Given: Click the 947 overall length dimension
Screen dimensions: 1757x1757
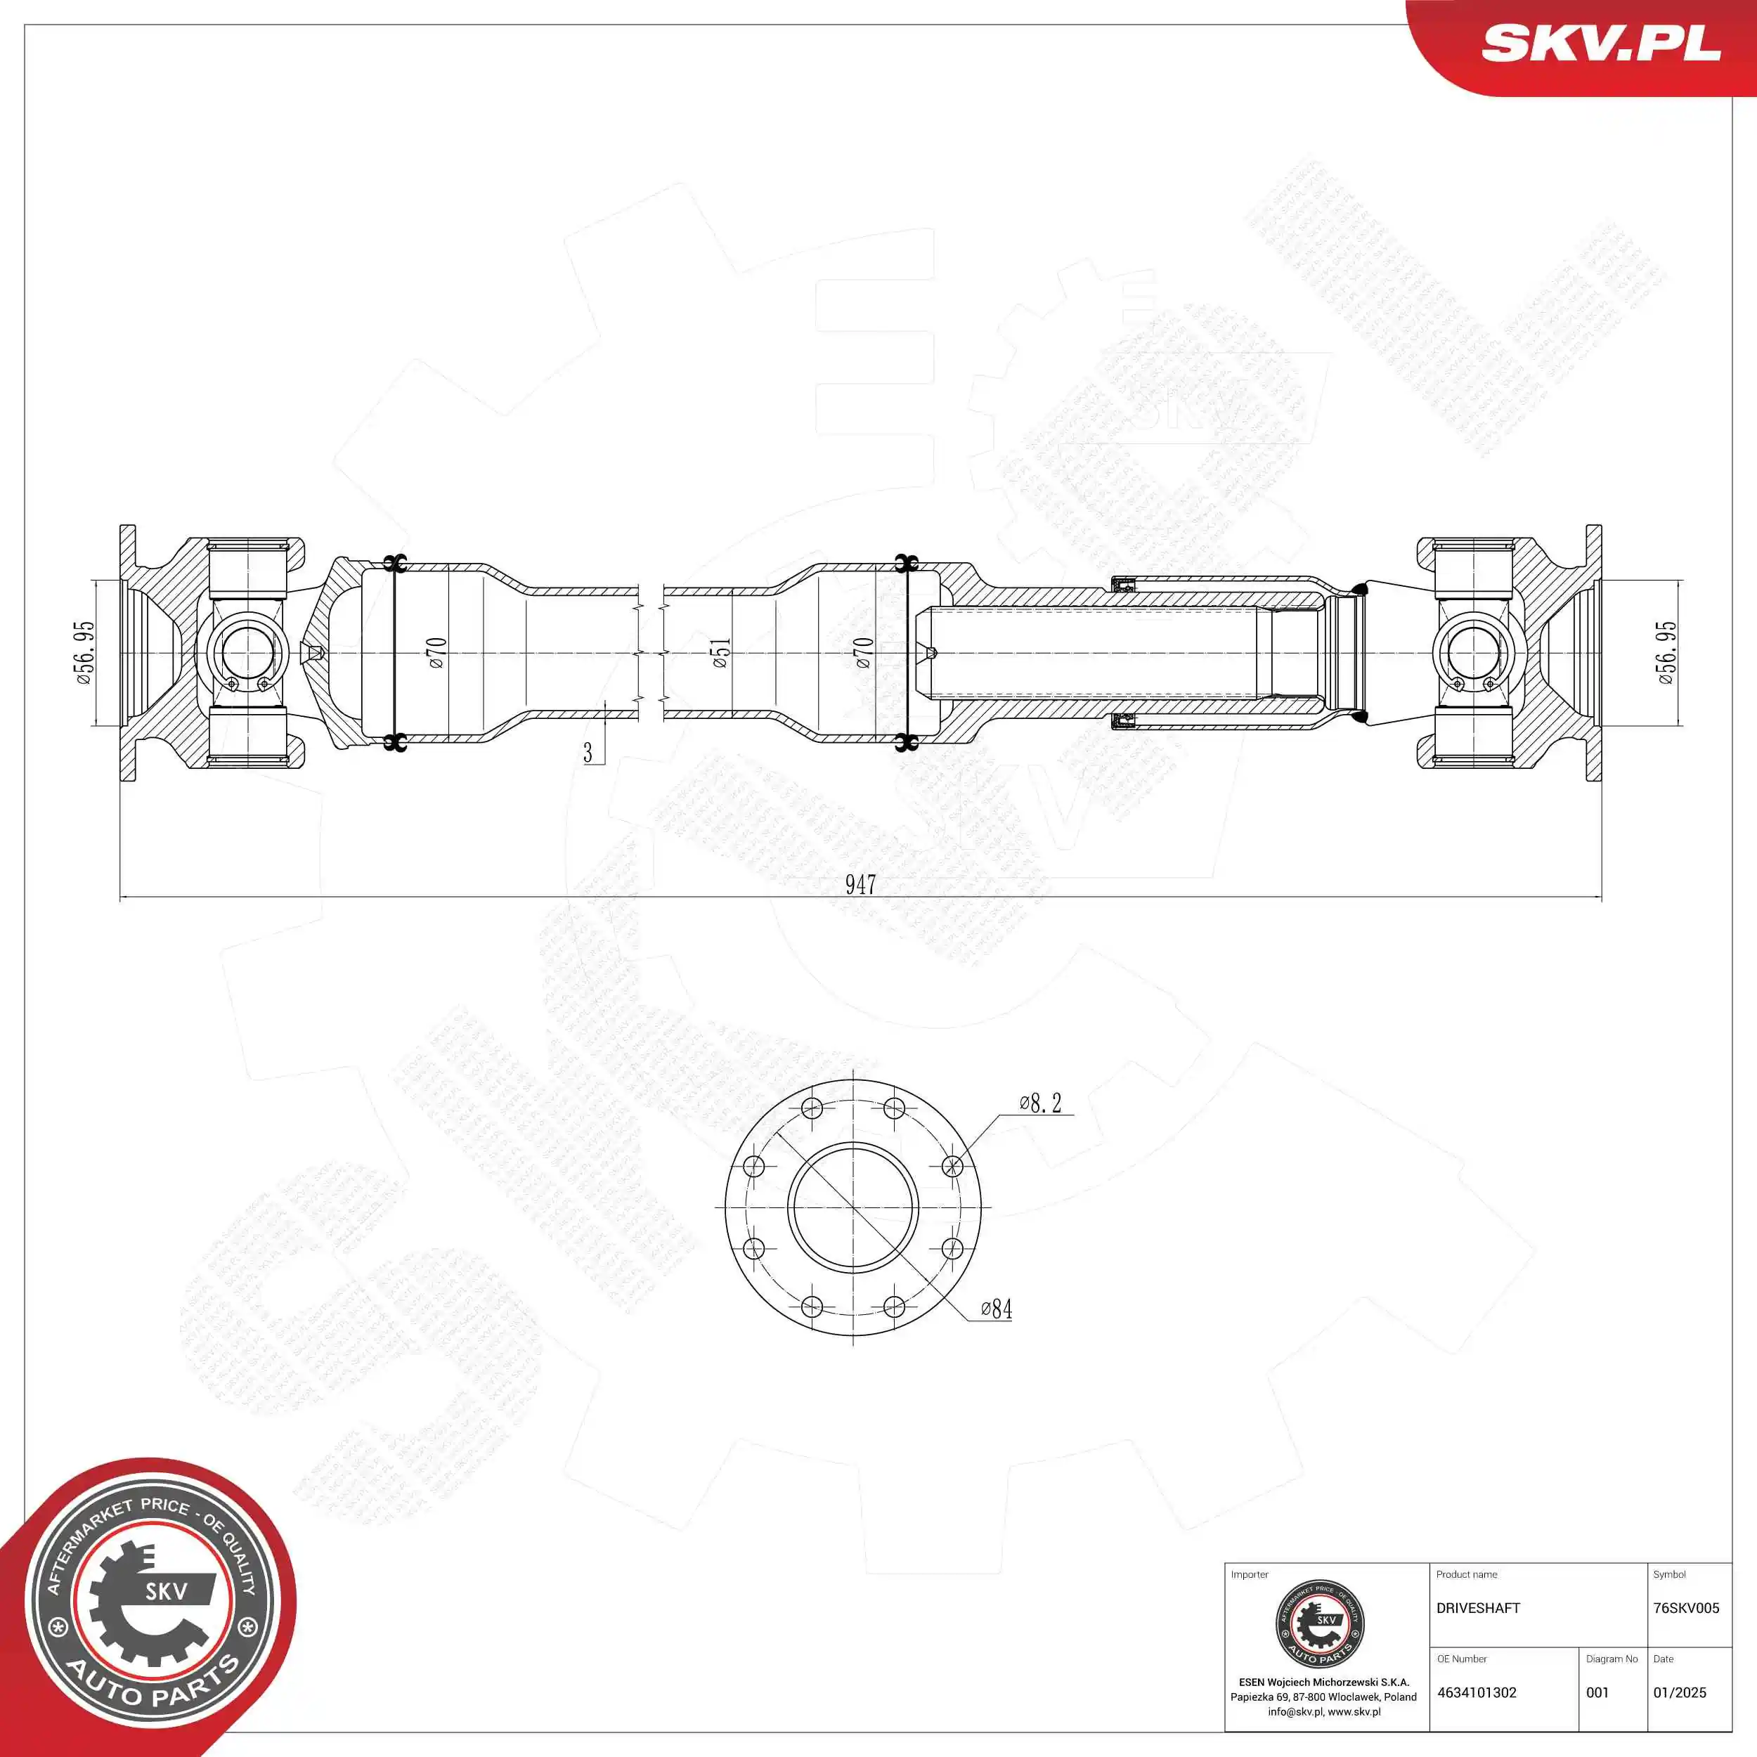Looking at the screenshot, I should [x=860, y=884].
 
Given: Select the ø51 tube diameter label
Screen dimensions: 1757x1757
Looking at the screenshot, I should [x=720, y=653].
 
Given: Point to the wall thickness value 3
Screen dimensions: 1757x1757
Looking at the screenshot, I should [x=588, y=753].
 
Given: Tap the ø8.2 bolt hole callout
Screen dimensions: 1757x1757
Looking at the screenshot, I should [x=1040, y=1103].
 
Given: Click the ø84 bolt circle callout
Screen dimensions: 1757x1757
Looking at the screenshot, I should [x=997, y=1309].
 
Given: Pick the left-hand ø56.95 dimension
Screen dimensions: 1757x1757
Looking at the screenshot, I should [x=84, y=653].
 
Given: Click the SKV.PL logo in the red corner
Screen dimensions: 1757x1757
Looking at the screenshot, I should [x=1600, y=43].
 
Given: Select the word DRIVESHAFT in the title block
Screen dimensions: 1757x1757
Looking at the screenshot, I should [x=1478, y=1608].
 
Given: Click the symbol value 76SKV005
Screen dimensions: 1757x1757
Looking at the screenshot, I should [x=1686, y=1608].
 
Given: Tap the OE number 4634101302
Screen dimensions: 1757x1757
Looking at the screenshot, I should [x=1477, y=1692].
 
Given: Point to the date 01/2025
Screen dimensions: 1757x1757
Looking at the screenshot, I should [x=1680, y=1692].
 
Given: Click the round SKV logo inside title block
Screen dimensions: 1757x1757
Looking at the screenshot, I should [x=1321, y=1623].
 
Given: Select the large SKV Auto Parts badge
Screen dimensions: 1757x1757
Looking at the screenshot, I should [x=150, y=1615].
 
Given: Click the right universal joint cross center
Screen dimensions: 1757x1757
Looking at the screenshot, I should [x=1472, y=653].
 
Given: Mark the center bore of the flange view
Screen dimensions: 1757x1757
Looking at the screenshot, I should [x=853, y=1207].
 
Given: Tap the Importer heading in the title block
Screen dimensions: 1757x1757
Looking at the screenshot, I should [x=1249, y=1574].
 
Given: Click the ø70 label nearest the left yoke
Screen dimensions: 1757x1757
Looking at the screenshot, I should [x=436, y=653].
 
